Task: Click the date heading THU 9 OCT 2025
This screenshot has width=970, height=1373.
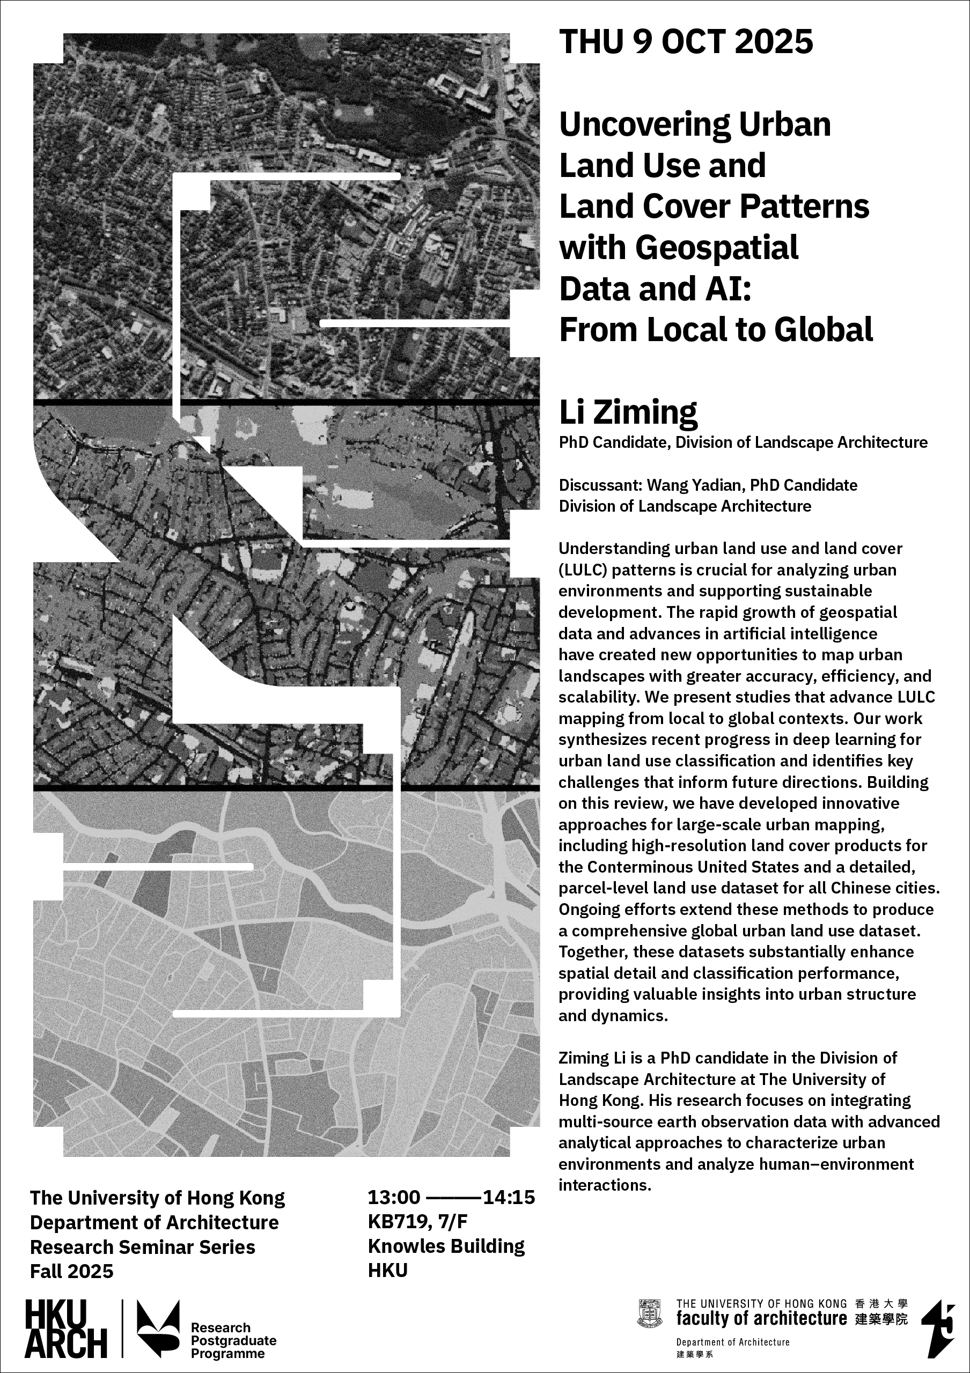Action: coord(686,42)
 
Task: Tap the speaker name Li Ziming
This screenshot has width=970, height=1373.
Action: coord(628,411)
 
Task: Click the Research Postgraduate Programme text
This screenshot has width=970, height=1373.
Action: coord(233,1341)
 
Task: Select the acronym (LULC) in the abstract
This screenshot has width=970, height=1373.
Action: coord(583,570)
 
